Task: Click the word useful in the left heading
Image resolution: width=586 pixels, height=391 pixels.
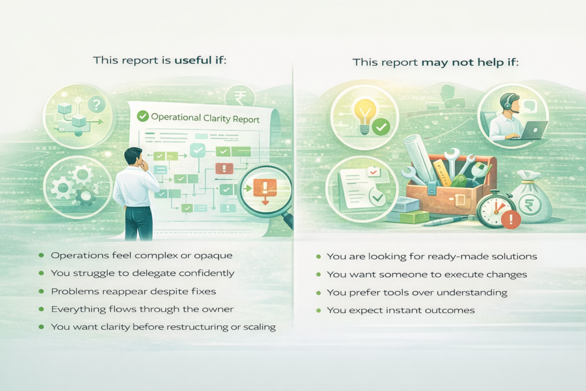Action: point(193,60)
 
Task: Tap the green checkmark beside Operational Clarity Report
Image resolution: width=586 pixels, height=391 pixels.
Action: point(142,116)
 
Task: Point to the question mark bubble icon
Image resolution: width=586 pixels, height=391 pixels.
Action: point(97,105)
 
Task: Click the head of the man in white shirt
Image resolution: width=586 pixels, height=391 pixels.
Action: point(133,157)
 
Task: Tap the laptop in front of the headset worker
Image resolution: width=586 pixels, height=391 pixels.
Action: point(531,130)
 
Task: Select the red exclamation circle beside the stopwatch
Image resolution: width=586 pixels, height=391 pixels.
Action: point(510,219)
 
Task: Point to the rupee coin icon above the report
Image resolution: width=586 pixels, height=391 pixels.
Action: point(239,97)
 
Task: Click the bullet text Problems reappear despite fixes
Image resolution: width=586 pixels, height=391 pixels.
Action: point(133,291)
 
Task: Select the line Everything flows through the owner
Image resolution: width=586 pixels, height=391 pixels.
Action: point(142,309)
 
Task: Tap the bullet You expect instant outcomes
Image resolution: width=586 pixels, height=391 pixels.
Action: point(401,310)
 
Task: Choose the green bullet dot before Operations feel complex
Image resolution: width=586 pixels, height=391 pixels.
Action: point(41,255)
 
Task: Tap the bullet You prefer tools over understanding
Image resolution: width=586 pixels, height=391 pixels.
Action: point(417,293)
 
